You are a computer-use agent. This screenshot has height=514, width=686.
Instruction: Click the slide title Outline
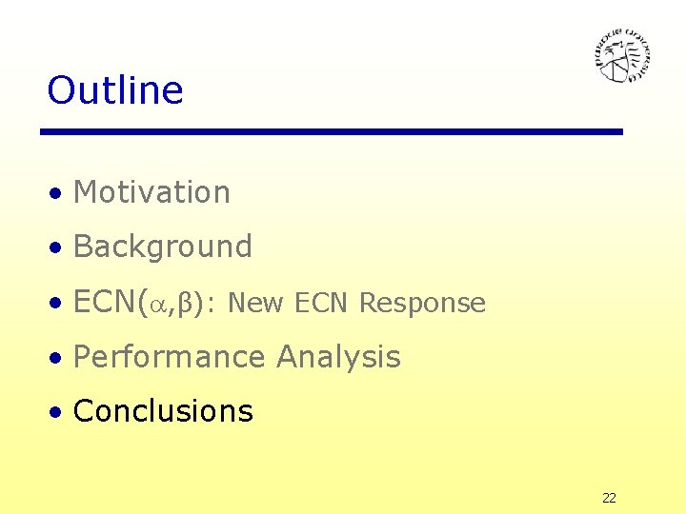pos(114,90)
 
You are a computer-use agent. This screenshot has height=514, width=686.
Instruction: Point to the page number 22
pos(609,498)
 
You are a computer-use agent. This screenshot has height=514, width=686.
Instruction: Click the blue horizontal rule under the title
pos(332,131)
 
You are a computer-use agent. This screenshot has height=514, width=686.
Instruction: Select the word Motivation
pos(151,192)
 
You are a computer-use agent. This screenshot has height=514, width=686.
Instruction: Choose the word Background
pos(162,247)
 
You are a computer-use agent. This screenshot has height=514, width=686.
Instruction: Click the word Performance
pos(170,357)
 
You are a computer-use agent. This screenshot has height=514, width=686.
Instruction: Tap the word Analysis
pos(338,357)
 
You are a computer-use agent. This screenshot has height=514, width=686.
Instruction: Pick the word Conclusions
pos(163,411)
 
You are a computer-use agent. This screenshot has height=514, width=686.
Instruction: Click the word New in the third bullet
pos(256,303)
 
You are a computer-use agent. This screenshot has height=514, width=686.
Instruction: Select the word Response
pos(422,303)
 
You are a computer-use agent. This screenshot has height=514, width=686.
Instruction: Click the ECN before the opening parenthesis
pos(105,302)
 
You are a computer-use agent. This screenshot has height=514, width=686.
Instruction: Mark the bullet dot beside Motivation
pos(58,194)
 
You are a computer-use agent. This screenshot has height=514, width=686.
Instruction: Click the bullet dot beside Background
pos(58,248)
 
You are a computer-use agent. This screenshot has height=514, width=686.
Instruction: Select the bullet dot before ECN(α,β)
pos(58,304)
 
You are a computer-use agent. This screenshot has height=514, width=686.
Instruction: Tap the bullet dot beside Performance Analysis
pos(58,359)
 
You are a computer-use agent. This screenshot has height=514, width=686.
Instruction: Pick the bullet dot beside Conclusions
pos(58,413)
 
